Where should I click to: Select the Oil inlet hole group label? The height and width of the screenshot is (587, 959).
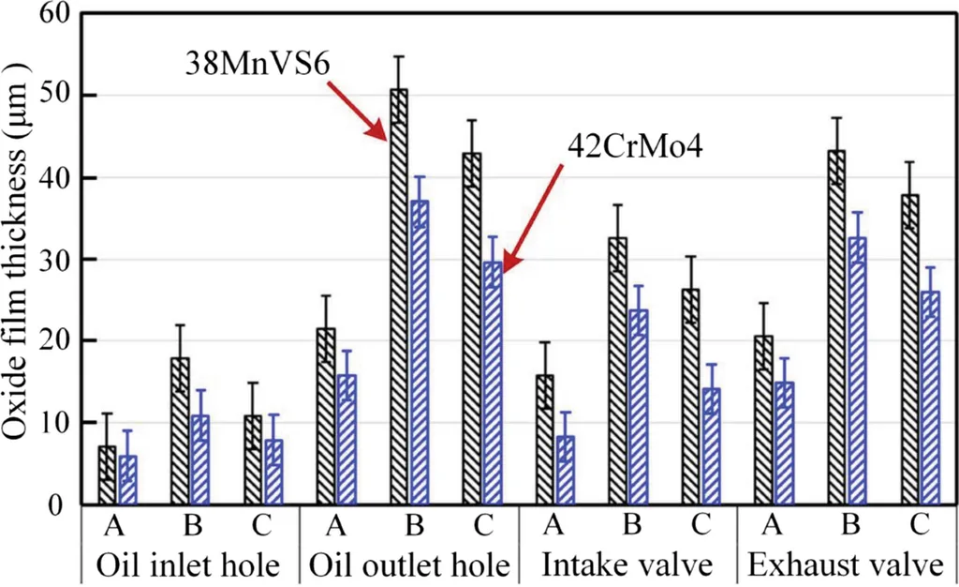click(189, 565)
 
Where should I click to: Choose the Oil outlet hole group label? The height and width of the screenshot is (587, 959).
click(408, 565)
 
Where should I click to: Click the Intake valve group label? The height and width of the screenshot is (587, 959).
click(627, 565)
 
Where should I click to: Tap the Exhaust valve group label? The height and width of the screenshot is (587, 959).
click(847, 565)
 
